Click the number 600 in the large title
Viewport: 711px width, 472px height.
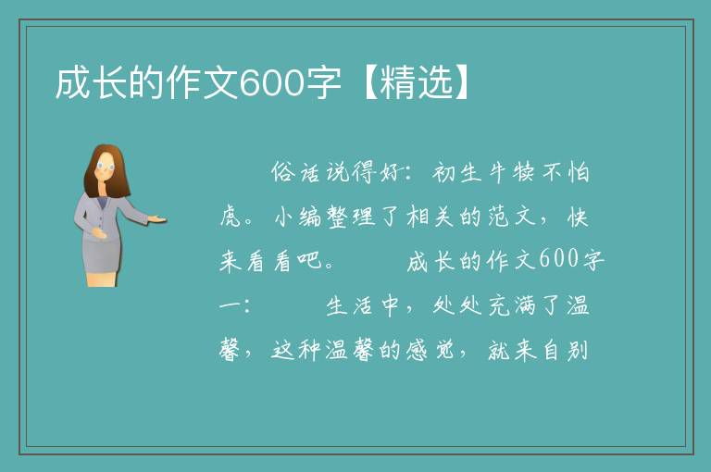[x=270, y=83]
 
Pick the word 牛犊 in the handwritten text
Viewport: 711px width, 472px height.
[x=511, y=172]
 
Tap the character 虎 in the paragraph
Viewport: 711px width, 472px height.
[x=231, y=217]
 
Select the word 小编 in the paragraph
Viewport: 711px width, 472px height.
[x=298, y=217]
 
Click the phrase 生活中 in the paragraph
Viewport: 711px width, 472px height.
[x=363, y=305]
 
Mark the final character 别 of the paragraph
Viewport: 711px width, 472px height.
[x=577, y=350]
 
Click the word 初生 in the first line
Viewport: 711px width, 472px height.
[x=457, y=172]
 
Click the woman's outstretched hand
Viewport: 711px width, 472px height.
[x=156, y=220]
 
